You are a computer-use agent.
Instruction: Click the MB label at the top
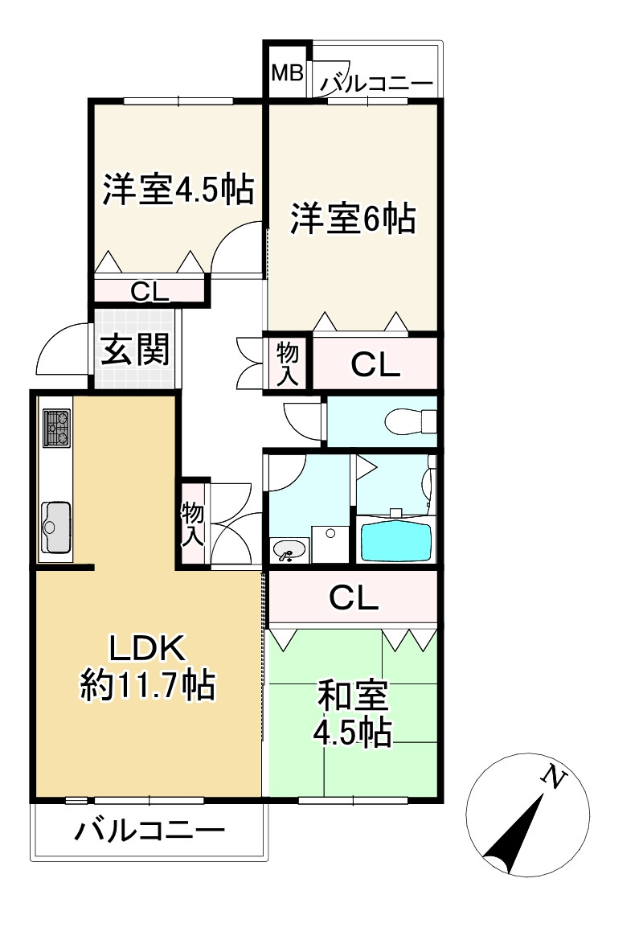(x=287, y=74)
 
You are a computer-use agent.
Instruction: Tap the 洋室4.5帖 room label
(x=178, y=191)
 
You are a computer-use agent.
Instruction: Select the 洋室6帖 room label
(x=353, y=219)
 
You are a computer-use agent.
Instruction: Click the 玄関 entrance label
(x=134, y=350)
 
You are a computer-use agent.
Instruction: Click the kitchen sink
(x=55, y=527)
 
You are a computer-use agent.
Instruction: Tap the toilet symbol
(x=409, y=421)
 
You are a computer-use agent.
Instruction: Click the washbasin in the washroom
(x=289, y=550)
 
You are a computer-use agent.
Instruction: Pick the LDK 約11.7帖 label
(x=146, y=666)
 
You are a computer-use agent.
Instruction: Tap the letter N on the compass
(x=553, y=777)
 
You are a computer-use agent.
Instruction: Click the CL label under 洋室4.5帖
(x=150, y=290)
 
